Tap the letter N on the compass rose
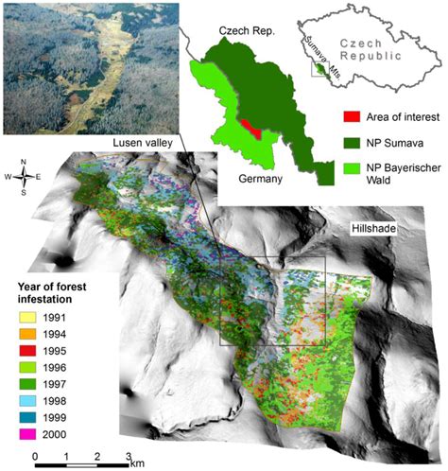click(24, 160)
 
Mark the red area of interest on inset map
click(247, 128)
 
